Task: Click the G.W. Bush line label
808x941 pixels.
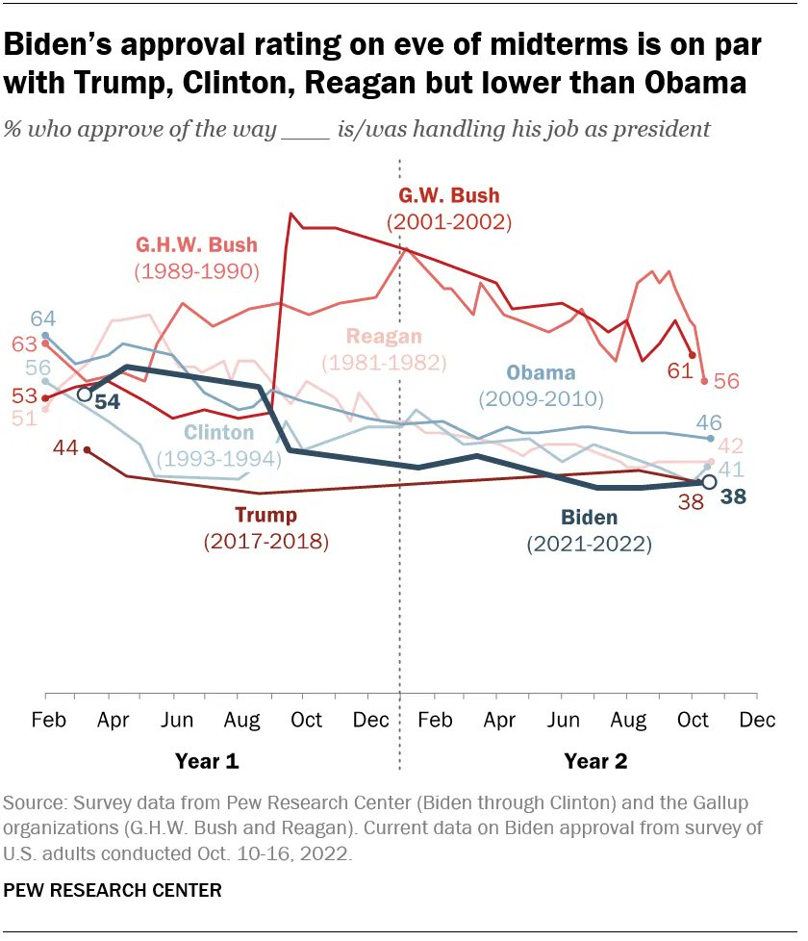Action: pos(448,197)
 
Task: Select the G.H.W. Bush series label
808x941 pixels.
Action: pos(196,246)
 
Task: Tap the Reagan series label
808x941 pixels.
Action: pos(383,337)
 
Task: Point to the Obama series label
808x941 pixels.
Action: pos(541,373)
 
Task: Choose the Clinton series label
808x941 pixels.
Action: pos(219,433)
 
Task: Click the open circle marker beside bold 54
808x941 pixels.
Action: pos(85,394)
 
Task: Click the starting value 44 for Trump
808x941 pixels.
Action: pos(63,448)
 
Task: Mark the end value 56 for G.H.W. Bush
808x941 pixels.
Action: pos(726,381)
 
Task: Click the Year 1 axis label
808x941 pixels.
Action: pos(207,761)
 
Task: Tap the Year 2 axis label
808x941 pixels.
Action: pos(595,761)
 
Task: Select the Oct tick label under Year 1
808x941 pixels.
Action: pos(306,721)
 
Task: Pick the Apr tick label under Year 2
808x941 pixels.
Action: pos(498,721)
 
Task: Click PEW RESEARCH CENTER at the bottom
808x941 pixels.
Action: pos(114,891)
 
